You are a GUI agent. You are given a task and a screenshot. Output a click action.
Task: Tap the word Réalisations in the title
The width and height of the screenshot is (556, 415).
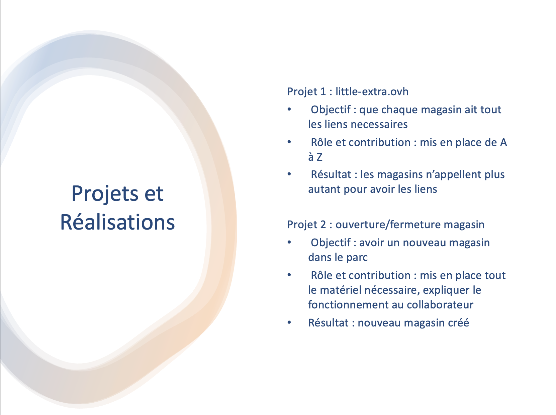pyautogui.click(x=117, y=222)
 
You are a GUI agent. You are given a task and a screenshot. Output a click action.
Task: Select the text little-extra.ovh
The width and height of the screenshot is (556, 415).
pyautogui.click(x=372, y=92)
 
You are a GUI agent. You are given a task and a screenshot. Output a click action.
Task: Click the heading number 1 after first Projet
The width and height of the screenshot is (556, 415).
pyautogui.click(x=323, y=92)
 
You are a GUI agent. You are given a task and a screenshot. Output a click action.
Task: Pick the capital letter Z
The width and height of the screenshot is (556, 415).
pyautogui.click(x=319, y=157)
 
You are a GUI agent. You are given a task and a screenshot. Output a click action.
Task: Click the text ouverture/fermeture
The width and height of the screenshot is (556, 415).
pyautogui.click(x=388, y=224)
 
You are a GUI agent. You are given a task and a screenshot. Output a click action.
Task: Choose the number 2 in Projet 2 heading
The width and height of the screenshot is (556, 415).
pyautogui.click(x=323, y=225)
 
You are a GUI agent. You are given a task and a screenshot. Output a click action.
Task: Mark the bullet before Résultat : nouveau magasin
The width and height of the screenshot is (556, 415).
pyautogui.click(x=289, y=322)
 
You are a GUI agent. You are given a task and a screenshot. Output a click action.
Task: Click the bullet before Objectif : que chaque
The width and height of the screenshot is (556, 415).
pyautogui.click(x=289, y=109)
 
